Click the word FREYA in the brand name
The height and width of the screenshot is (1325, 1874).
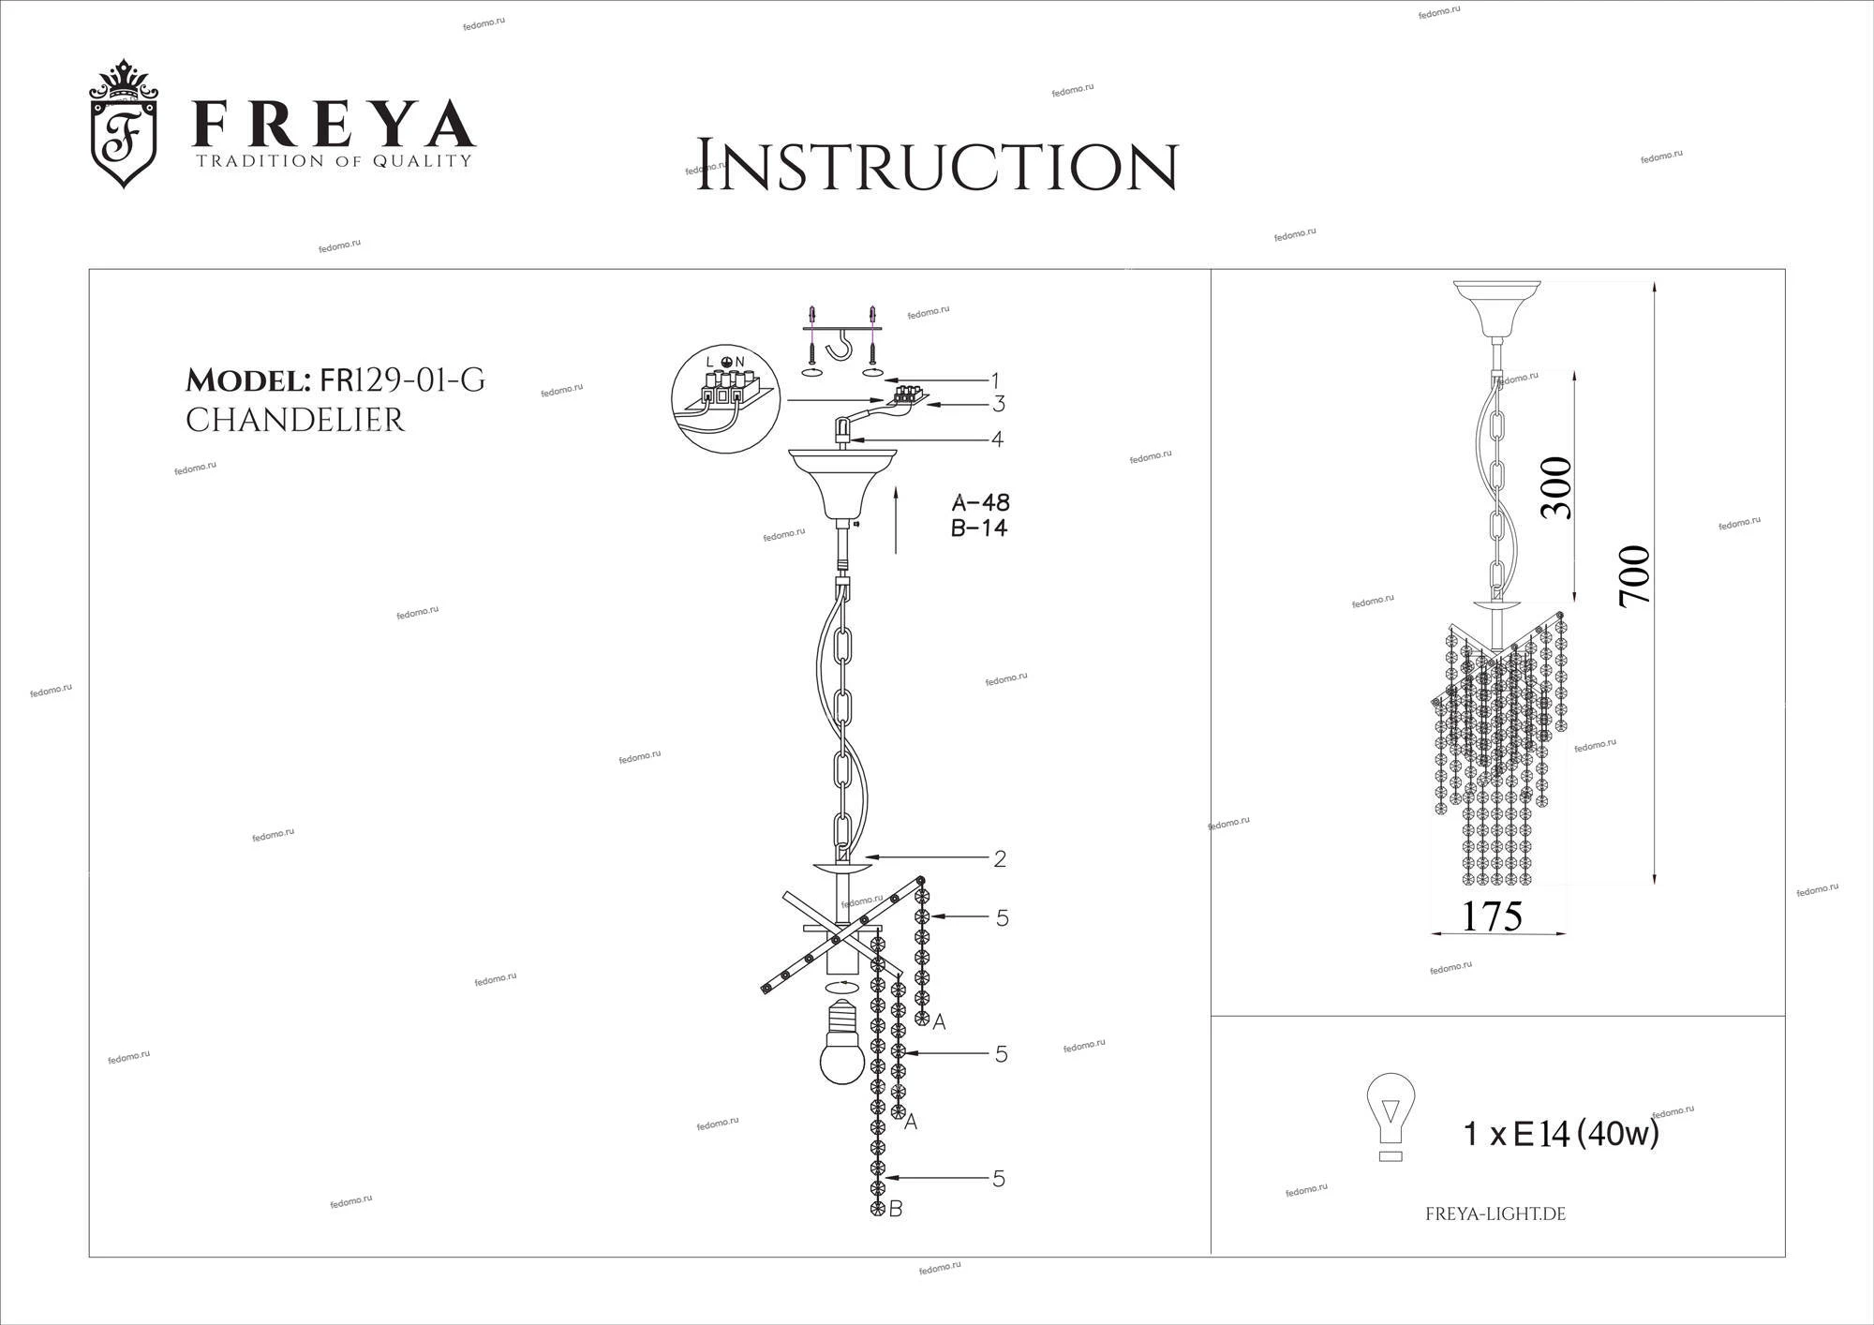pyautogui.click(x=334, y=124)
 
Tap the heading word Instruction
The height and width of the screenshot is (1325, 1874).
pyautogui.click(x=936, y=167)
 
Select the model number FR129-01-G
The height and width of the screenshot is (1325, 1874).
pyautogui.click(x=403, y=380)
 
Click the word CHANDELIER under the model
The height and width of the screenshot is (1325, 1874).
pyautogui.click(x=295, y=421)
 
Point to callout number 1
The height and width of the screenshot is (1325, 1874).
pyautogui.click(x=995, y=380)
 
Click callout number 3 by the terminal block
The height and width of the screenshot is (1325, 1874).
pyautogui.click(x=999, y=404)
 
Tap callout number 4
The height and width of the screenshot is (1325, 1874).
pyautogui.click(x=997, y=439)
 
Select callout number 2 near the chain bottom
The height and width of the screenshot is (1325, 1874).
pyautogui.click(x=1000, y=858)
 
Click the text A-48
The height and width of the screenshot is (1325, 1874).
pyautogui.click(x=980, y=502)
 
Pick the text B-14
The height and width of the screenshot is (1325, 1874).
pyautogui.click(x=979, y=528)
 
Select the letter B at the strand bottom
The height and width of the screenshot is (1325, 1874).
pyautogui.click(x=896, y=1210)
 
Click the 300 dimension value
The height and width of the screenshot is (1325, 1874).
pyautogui.click(x=1556, y=487)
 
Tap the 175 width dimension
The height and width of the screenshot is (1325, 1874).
pyautogui.click(x=1493, y=916)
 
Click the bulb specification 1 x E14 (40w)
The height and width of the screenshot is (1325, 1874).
pyautogui.click(x=1561, y=1135)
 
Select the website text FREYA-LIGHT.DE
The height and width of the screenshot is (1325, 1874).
pyautogui.click(x=1495, y=1214)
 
